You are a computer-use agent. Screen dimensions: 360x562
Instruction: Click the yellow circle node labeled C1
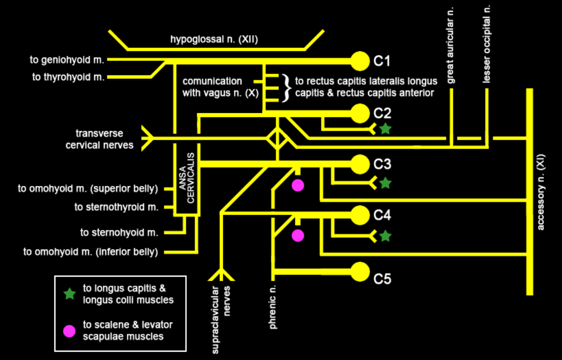[x=361, y=61]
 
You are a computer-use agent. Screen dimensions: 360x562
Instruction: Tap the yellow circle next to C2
[x=361, y=113]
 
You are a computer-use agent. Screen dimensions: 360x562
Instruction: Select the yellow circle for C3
[x=361, y=164]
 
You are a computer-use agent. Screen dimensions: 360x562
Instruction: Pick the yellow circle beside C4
[x=361, y=215]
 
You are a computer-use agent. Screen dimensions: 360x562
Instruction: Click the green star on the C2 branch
[x=385, y=129]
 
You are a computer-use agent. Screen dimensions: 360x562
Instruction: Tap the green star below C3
[x=385, y=182]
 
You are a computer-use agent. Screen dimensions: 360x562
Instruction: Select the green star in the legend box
[x=70, y=294]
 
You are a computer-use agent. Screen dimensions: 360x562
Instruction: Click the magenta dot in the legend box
[x=70, y=330]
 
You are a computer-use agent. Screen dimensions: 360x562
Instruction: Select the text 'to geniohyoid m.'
[x=67, y=60]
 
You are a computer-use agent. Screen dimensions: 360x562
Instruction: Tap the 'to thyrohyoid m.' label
[x=68, y=77]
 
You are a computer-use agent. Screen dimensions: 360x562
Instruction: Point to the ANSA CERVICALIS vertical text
[x=187, y=177]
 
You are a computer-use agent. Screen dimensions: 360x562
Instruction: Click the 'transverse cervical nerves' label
[x=99, y=139]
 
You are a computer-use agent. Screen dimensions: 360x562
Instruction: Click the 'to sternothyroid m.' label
[x=116, y=207]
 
